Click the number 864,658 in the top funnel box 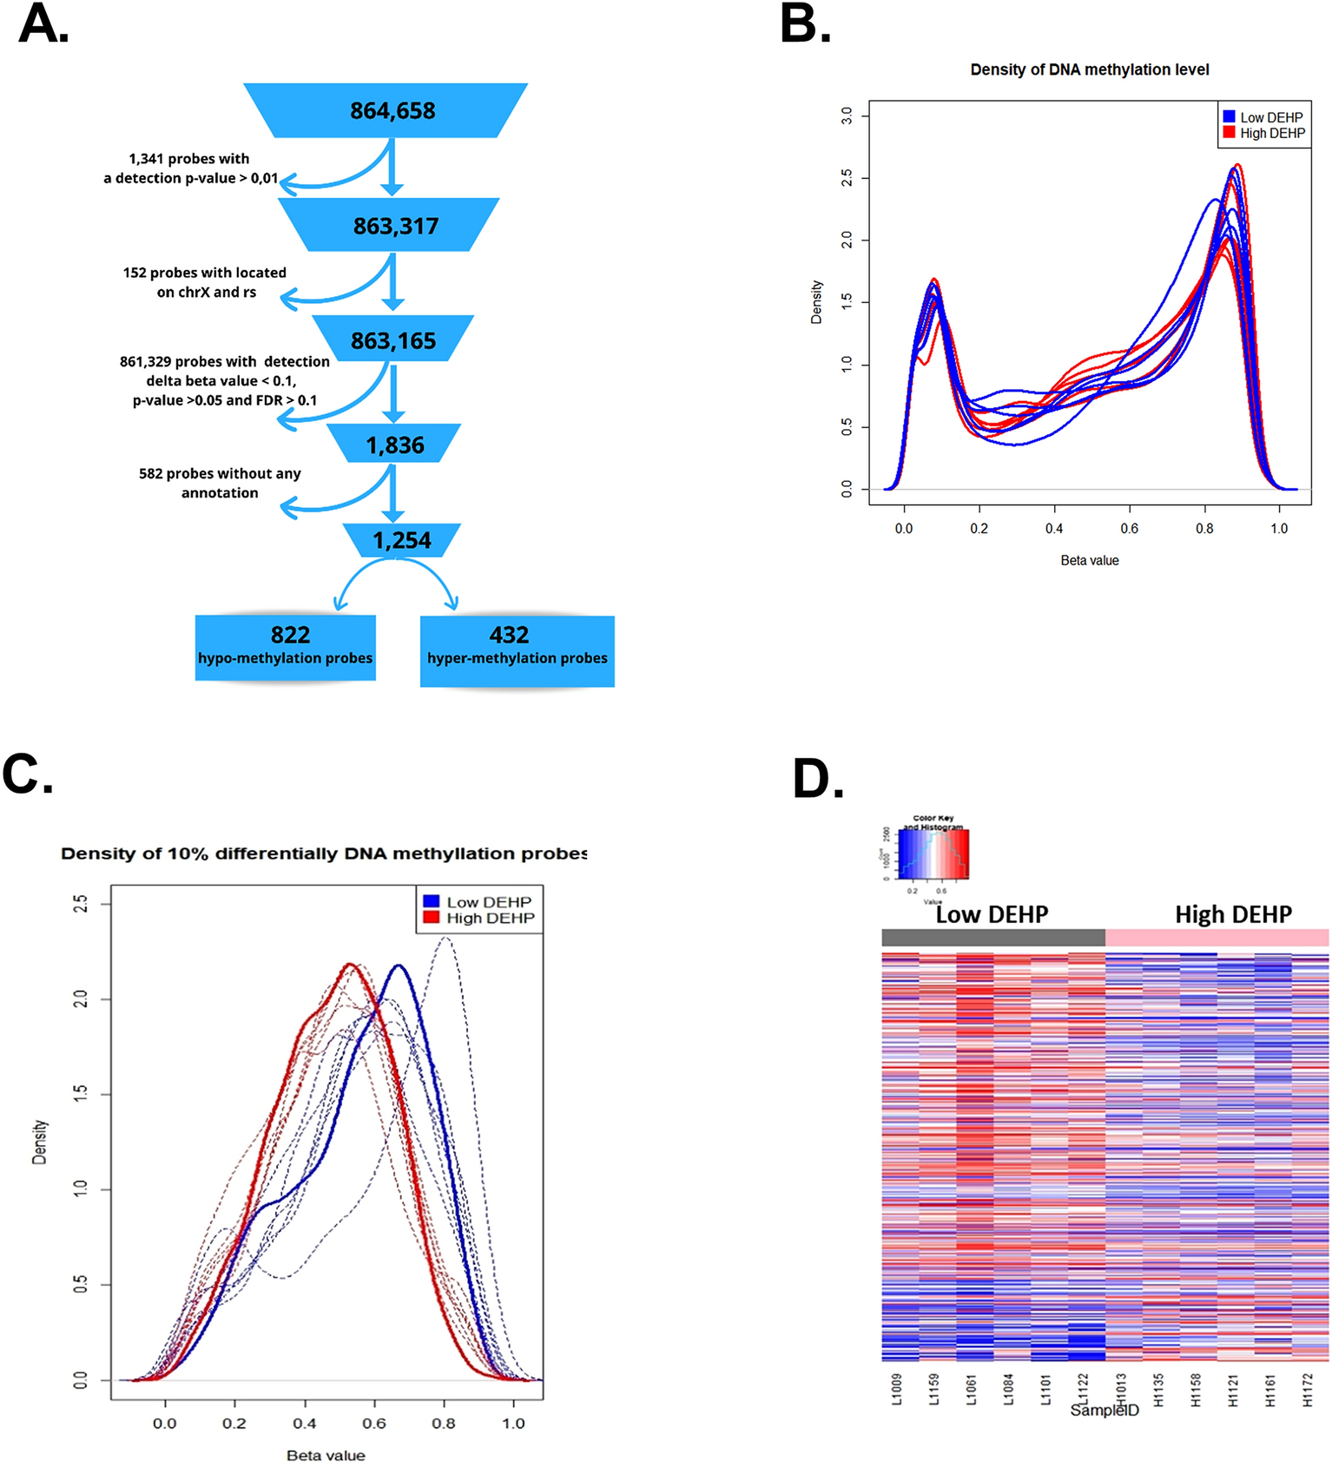tap(392, 111)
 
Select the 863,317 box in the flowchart tap(395, 226)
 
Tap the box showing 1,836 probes tap(395, 445)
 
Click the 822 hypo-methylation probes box tap(286, 647)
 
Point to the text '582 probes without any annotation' tap(220, 483)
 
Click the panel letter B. tap(804, 24)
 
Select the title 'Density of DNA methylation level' tap(1089, 69)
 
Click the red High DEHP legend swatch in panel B tap(1229, 133)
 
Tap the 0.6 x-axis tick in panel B tap(1129, 528)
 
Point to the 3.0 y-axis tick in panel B tap(847, 115)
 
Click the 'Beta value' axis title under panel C tap(326, 1455)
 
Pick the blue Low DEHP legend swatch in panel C tap(432, 901)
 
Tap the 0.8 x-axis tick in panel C tap(444, 1423)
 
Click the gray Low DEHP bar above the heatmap tap(992, 937)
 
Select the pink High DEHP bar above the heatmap tap(1217, 937)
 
